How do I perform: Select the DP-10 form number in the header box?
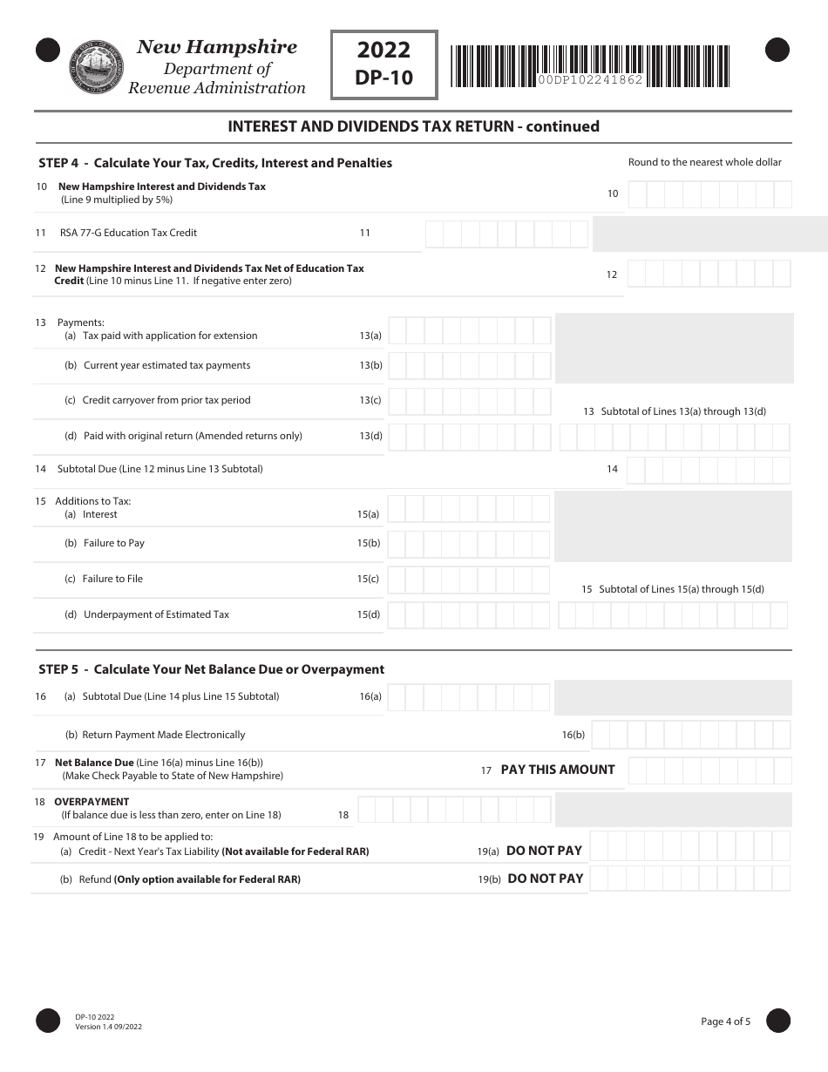click(x=383, y=78)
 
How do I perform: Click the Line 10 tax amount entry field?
click(x=709, y=194)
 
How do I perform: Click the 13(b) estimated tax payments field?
click(x=469, y=366)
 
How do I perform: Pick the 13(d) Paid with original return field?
click(x=469, y=437)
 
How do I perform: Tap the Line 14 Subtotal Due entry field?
click(x=708, y=470)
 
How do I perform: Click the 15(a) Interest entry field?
click(x=468, y=509)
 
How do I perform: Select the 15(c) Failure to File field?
click(x=468, y=580)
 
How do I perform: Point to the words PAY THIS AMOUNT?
click(x=558, y=770)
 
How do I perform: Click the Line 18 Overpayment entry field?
click(x=453, y=811)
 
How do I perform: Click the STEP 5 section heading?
click(x=211, y=669)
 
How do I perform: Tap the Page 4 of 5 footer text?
click(x=725, y=1021)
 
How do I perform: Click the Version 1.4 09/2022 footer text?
click(x=108, y=1027)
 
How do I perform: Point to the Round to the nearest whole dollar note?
click(x=704, y=162)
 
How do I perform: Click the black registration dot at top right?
click(x=777, y=51)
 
